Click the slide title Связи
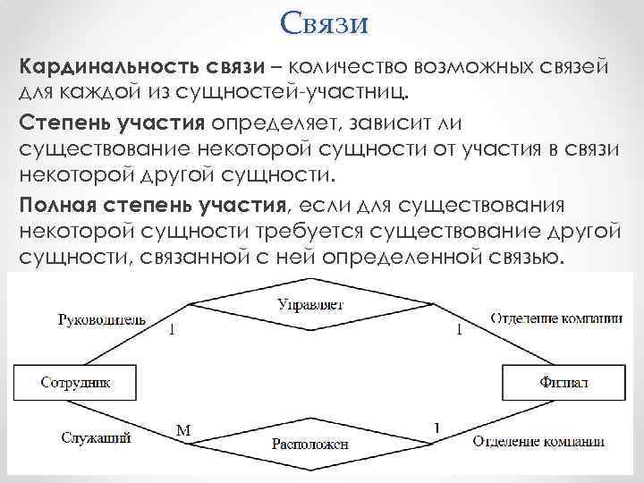(x=323, y=22)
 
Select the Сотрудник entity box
(x=76, y=382)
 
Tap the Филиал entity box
(x=563, y=382)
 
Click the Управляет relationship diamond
(x=310, y=305)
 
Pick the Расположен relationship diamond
(x=310, y=443)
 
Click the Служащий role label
(x=97, y=438)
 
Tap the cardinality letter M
(x=182, y=430)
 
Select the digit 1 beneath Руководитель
(x=172, y=330)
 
